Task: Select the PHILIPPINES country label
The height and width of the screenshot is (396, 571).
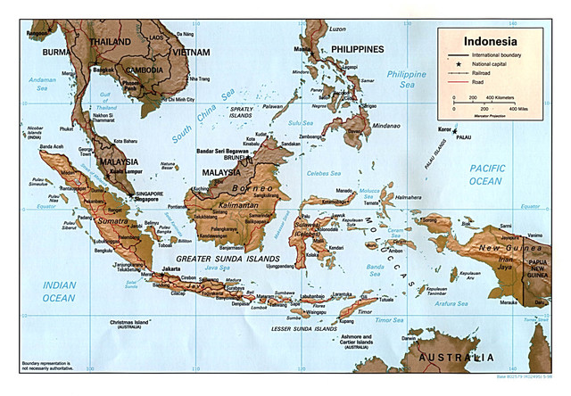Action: coord(357,49)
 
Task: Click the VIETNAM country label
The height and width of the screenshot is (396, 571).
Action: coord(191,53)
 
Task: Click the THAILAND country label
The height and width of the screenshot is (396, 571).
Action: coord(111,41)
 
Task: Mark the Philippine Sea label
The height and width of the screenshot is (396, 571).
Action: coord(407,79)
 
